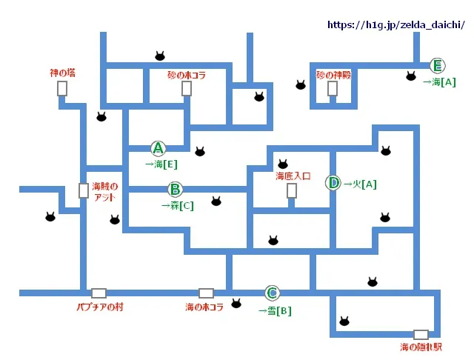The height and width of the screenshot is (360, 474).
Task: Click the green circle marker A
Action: point(157,147)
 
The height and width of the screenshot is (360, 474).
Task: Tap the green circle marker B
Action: point(175,189)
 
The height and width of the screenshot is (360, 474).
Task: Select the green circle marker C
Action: point(272,293)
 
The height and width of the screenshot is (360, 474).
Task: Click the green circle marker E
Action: point(437,65)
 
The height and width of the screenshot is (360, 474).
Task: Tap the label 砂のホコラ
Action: point(187,75)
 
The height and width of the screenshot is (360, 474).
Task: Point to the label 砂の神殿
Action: point(332,75)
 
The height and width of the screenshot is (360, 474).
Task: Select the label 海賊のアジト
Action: point(104,191)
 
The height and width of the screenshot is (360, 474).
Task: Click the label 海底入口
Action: point(292,176)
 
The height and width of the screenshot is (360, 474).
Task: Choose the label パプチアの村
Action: point(98,306)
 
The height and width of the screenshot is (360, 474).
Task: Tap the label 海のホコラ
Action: point(204,306)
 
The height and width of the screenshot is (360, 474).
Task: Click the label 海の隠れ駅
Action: point(421,346)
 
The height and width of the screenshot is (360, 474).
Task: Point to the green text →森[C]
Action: point(177,205)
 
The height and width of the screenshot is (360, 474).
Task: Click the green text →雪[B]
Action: point(274,311)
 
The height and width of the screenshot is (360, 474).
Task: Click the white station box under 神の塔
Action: point(62,89)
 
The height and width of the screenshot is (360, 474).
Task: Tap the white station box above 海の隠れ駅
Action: point(421,334)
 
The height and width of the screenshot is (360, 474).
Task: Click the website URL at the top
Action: point(396,24)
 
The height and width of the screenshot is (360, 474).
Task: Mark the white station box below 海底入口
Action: point(292,191)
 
